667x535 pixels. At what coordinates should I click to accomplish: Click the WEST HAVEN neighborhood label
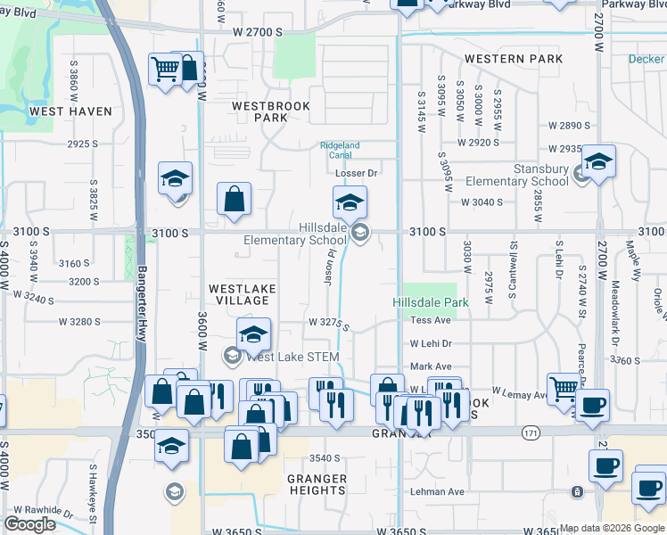click(x=70, y=111)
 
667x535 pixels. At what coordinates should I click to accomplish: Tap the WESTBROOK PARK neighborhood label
click(x=270, y=111)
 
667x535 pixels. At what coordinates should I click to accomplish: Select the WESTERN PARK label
click(x=513, y=59)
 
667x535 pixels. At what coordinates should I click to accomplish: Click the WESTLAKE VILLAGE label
click(x=242, y=295)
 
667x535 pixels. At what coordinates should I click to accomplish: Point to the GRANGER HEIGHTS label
click(x=317, y=484)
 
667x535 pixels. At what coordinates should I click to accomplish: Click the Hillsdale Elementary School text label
click(x=297, y=234)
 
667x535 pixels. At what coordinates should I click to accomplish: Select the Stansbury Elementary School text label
click(x=516, y=175)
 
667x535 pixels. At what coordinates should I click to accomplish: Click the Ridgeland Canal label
click(x=340, y=151)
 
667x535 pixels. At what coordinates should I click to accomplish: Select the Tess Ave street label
click(x=431, y=320)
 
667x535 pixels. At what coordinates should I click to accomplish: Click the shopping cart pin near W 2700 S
click(x=166, y=70)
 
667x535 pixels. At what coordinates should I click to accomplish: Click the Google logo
click(x=29, y=524)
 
